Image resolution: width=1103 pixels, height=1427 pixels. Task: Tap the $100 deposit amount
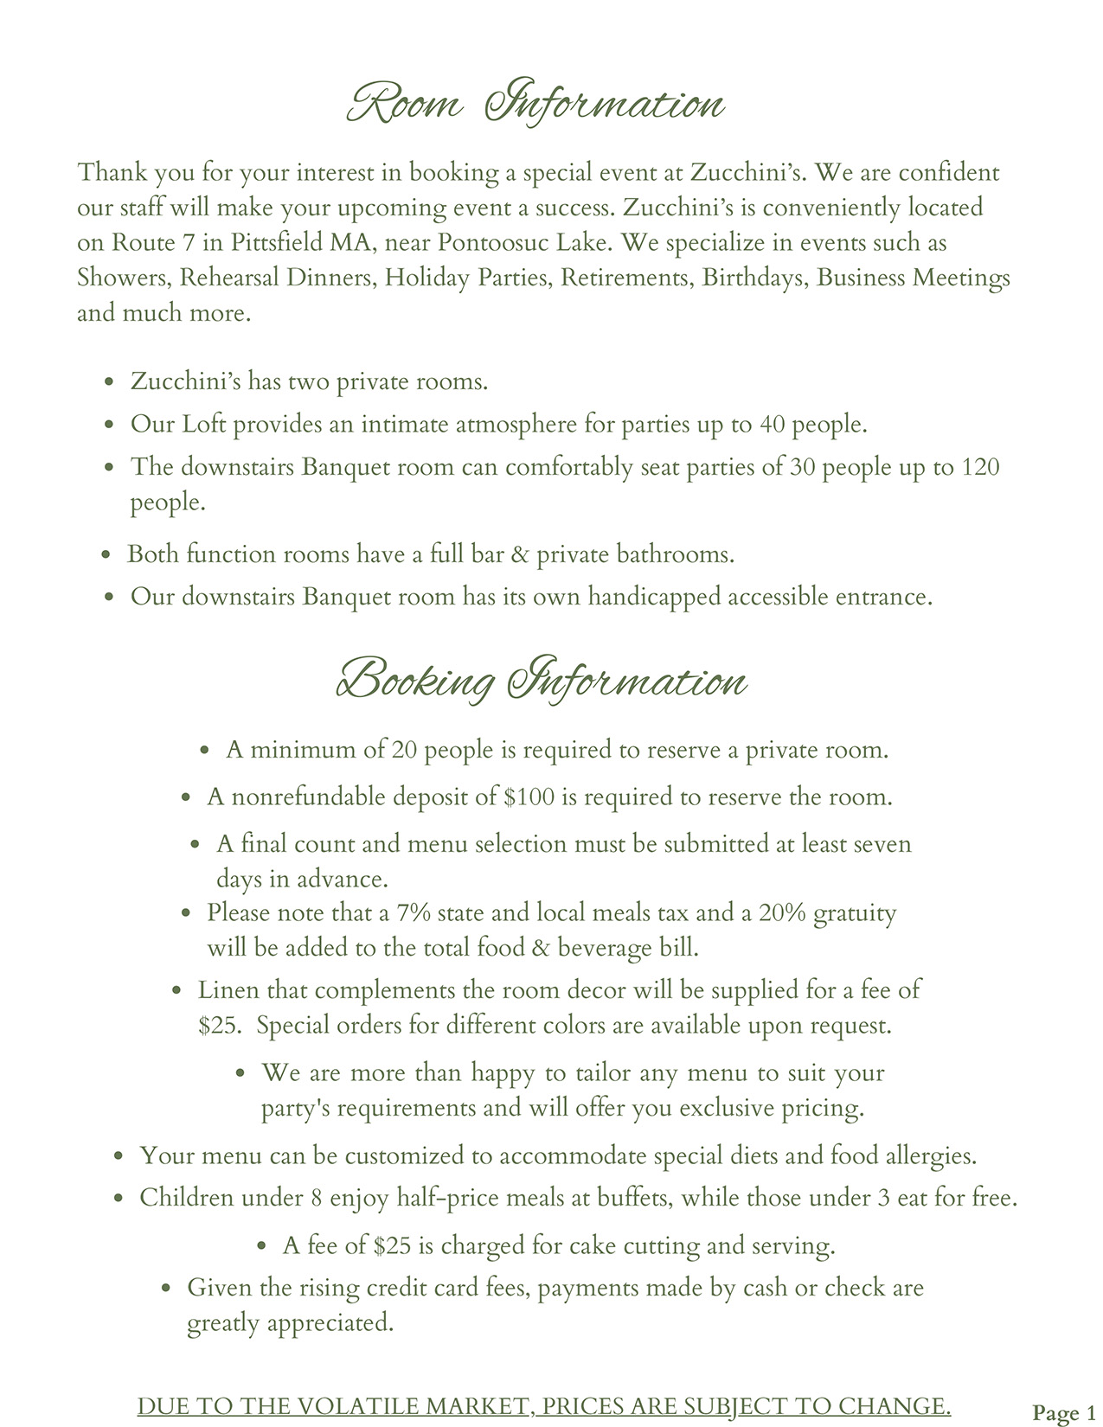click(529, 797)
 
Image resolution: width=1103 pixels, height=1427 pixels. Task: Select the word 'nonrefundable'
click(308, 797)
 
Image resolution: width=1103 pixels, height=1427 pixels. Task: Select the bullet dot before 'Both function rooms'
click(106, 555)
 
